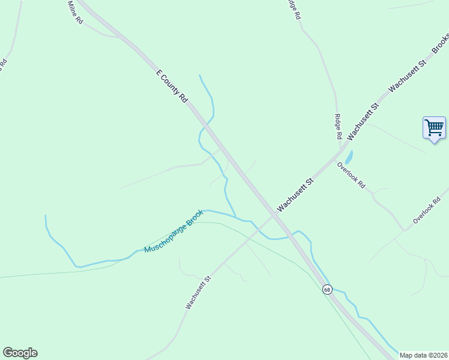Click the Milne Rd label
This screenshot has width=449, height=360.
[x=75, y=12]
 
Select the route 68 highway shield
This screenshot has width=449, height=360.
[x=327, y=289]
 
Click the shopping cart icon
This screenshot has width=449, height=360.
[x=434, y=128]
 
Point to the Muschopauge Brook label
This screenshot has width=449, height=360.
[x=174, y=231]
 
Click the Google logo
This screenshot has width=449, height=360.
[x=20, y=353]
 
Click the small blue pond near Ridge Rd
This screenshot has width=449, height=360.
[x=349, y=157]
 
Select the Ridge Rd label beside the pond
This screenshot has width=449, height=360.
[x=338, y=128]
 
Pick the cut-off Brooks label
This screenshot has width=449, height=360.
[x=441, y=41]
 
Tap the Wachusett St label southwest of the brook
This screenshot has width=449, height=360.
[x=199, y=292]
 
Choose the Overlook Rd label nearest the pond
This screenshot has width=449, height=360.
[x=351, y=175]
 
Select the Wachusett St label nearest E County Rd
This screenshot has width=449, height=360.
[x=295, y=194]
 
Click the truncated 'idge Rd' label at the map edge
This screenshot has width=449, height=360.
[x=292, y=10]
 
